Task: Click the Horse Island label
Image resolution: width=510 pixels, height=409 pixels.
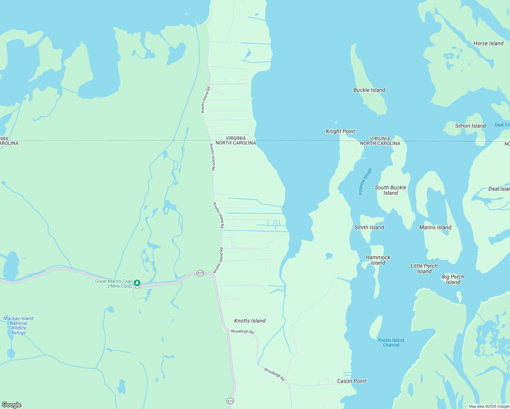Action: pyautogui.click(x=488, y=43)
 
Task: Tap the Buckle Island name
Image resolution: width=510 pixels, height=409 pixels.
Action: pyautogui.click(x=369, y=90)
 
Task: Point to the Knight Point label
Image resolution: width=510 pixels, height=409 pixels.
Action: pyautogui.click(x=340, y=131)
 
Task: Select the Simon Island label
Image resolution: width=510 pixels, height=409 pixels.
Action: pyautogui.click(x=470, y=126)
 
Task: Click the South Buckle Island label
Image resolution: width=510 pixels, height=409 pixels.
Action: pyautogui.click(x=390, y=190)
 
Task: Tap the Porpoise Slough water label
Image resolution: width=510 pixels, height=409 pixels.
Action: pyautogui.click(x=365, y=181)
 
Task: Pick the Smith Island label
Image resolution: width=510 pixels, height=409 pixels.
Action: pyautogui.click(x=369, y=227)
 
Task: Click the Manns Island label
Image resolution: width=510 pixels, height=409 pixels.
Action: pyautogui.click(x=435, y=227)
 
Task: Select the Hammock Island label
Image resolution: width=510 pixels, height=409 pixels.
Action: pyautogui.click(x=378, y=260)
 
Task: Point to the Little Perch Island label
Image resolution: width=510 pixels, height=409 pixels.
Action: pyautogui.click(x=424, y=269)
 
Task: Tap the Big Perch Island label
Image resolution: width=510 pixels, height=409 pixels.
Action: pyautogui.click(x=453, y=279)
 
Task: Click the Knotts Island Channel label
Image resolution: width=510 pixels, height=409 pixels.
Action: pyautogui.click(x=391, y=343)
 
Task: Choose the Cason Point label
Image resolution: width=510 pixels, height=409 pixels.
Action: pyautogui.click(x=351, y=381)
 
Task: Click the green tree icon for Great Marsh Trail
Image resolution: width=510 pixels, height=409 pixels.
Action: pyautogui.click(x=137, y=283)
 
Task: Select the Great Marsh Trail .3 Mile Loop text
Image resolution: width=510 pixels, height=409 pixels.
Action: pyautogui.click(x=114, y=284)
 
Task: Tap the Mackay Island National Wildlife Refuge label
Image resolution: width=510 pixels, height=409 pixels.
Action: pyautogui.click(x=18, y=325)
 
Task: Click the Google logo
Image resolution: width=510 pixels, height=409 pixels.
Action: pyautogui.click(x=12, y=405)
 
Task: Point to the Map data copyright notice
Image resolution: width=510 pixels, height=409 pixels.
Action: pyautogui.click(x=489, y=406)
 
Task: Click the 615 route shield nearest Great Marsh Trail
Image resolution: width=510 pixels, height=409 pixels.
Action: pyautogui.click(x=200, y=273)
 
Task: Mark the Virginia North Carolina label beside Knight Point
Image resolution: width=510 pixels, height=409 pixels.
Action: pyautogui.click(x=380, y=141)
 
